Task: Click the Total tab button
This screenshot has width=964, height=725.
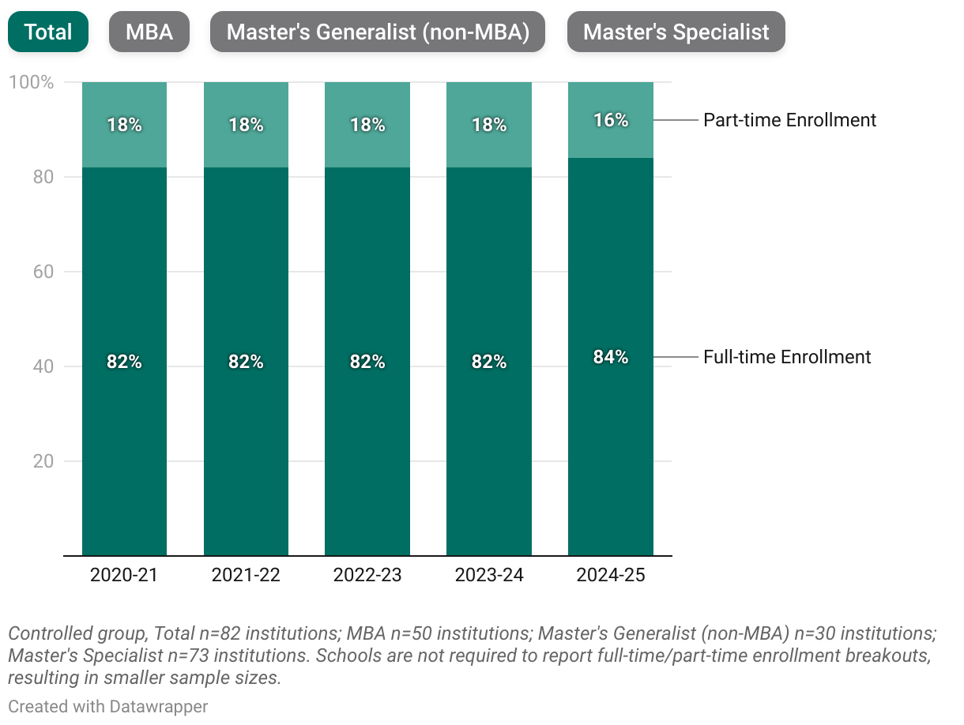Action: click(47, 32)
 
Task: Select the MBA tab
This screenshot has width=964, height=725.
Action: click(149, 32)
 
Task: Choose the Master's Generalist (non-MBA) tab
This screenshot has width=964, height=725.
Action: click(377, 32)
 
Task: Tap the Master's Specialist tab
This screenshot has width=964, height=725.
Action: click(676, 32)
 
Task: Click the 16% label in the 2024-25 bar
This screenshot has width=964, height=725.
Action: click(611, 120)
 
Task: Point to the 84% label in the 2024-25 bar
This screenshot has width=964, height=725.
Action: click(611, 357)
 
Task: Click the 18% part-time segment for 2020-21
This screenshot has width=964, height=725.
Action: click(125, 125)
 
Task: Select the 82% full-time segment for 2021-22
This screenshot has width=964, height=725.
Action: click(246, 362)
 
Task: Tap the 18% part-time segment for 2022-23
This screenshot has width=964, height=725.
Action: click(367, 125)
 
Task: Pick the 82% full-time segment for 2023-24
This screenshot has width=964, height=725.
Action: click(489, 362)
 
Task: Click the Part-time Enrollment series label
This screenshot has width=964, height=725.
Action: click(789, 120)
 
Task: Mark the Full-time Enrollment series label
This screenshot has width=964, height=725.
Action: click(787, 357)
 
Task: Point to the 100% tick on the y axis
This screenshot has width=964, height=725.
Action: click(31, 82)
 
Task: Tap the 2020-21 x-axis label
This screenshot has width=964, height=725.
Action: click(124, 575)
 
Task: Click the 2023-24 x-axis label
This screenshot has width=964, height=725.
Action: click(489, 575)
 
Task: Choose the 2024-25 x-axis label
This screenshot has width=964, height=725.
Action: click(611, 575)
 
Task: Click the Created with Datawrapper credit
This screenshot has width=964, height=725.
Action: click(108, 706)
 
